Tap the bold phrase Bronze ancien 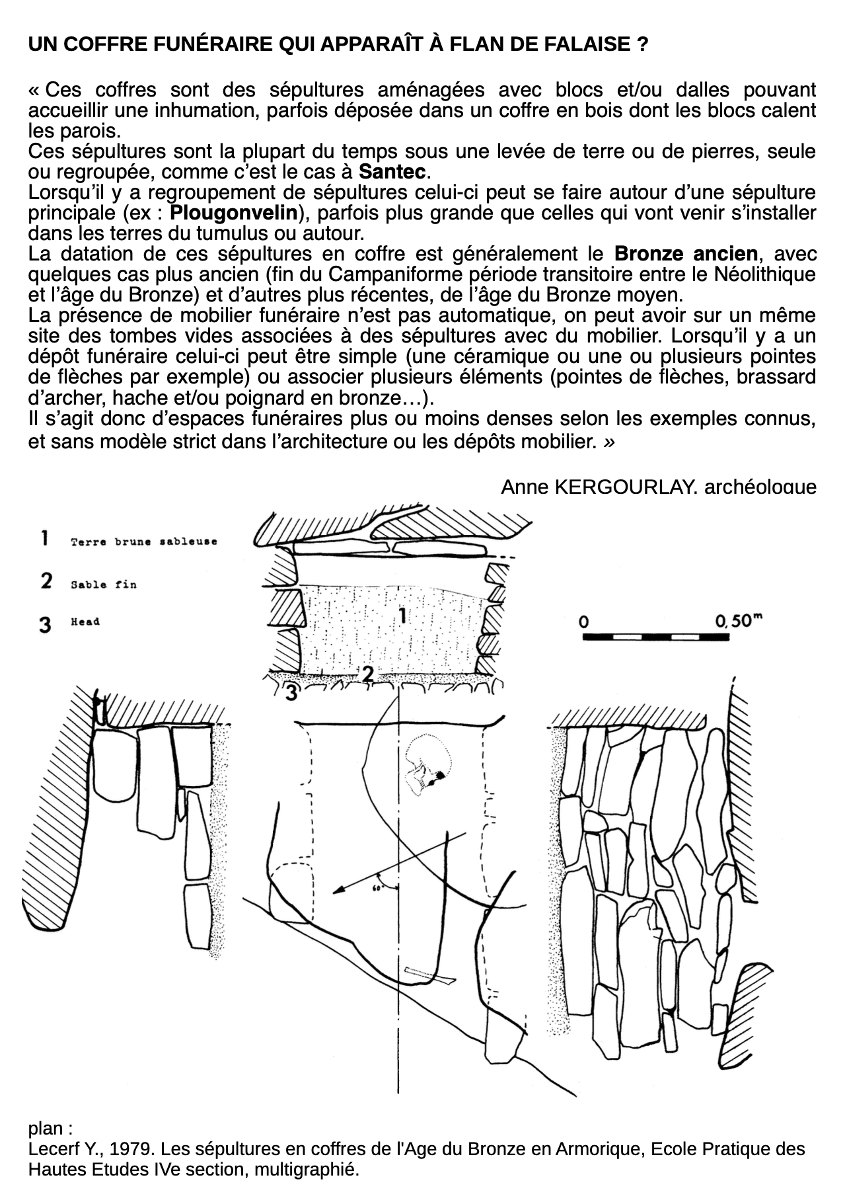(686, 254)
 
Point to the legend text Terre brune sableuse (144, 542)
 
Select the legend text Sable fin (104, 585)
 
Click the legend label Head (85, 622)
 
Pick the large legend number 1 (44, 538)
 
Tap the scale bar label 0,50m (739, 621)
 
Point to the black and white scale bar (656, 637)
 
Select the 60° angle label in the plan (378, 888)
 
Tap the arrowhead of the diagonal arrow (338, 890)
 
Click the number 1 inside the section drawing (402, 617)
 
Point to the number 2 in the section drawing (367, 673)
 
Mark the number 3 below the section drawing (291, 693)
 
